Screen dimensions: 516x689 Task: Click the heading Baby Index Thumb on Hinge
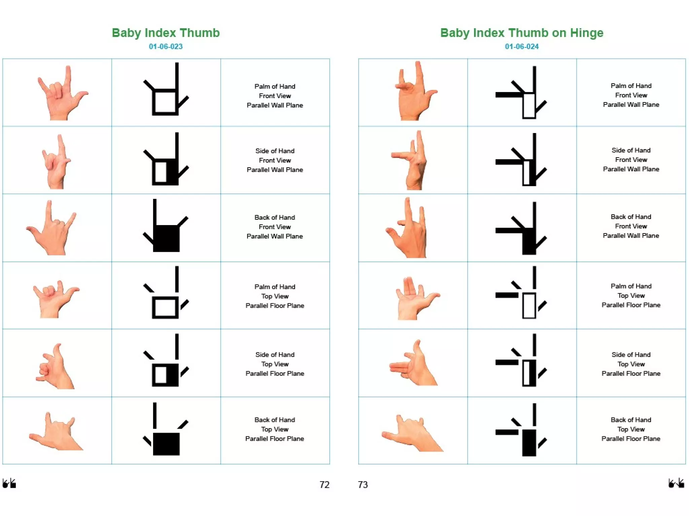point(521,33)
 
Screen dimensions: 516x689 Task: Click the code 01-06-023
point(166,47)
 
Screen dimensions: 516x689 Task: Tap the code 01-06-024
point(521,47)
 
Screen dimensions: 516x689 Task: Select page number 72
point(324,484)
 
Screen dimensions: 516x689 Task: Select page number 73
point(363,484)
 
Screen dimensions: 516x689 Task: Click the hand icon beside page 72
point(9,483)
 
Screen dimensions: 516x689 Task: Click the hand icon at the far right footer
point(676,483)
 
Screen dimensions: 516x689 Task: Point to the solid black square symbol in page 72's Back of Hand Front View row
point(166,238)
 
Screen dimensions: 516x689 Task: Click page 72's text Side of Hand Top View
point(275,364)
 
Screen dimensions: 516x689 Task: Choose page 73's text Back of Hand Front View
point(631,226)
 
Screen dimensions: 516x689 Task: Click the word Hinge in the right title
point(586,33)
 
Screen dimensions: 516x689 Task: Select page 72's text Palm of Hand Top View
point(275,296)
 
